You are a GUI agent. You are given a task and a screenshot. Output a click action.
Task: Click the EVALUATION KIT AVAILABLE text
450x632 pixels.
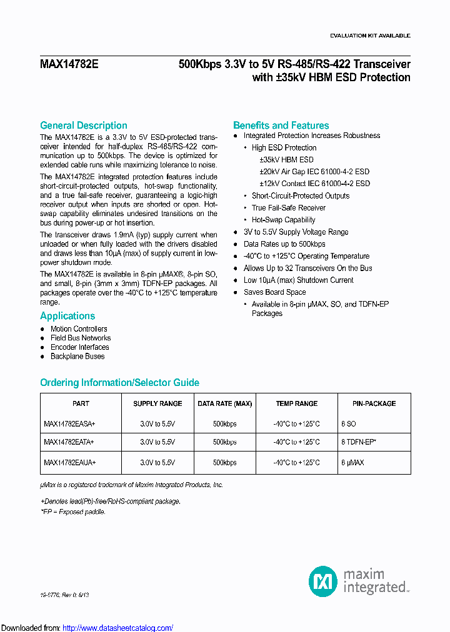[x=370, y=36]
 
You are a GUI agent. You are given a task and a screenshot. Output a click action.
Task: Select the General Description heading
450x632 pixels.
[x=84, y=126]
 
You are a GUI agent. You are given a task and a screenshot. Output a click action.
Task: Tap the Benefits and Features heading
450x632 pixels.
[x=281, y=126]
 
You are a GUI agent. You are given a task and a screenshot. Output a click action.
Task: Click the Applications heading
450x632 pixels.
[x=67, y=316]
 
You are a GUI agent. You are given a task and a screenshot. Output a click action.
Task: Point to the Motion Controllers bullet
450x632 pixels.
[x=79, y=329]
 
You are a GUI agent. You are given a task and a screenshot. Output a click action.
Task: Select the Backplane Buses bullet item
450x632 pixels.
[x=77, y=357]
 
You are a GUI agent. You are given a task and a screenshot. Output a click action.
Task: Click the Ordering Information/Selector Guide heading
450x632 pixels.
[x=119, y=383]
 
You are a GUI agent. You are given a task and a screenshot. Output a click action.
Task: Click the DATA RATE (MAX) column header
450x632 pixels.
[x=225, y=404]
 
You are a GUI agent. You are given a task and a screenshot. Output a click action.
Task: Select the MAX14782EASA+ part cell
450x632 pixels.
[x=69, y=424]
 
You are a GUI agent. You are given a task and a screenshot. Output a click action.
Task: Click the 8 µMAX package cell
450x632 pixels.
[x=352, y=463]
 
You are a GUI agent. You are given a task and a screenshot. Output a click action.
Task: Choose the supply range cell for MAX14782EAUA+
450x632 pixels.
[x=157, y=463]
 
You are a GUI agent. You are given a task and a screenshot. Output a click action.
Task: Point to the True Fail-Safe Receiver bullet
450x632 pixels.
[x=289, y=208]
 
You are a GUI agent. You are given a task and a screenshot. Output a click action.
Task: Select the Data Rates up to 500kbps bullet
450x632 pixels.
[x=284, y=244]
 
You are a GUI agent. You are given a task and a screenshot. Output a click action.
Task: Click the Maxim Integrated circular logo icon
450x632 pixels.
[x=323, y=581]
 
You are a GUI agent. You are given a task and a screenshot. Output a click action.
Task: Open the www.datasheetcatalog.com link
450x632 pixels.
[x=117, y=628]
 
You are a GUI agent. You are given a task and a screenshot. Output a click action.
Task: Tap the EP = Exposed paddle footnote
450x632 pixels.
[x=73, y=512]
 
